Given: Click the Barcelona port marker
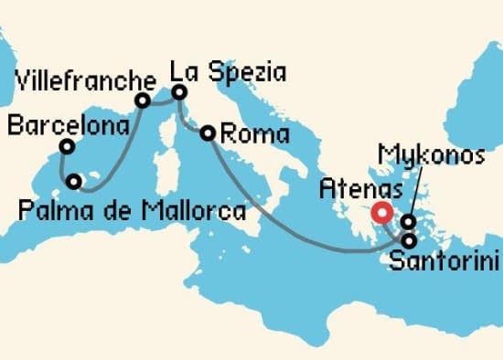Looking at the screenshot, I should [67, 146].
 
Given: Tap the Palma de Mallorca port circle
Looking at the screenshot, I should [75, 182].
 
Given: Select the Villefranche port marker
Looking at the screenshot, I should [143, 101].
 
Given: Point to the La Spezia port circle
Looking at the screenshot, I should [179, 92].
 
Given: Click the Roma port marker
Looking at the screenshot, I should [208, 132].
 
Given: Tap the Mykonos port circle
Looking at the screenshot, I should [408, 222].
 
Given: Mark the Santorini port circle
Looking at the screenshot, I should [408, 240].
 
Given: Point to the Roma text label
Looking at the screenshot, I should [256, 135].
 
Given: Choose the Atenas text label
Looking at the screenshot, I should [358, 190].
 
